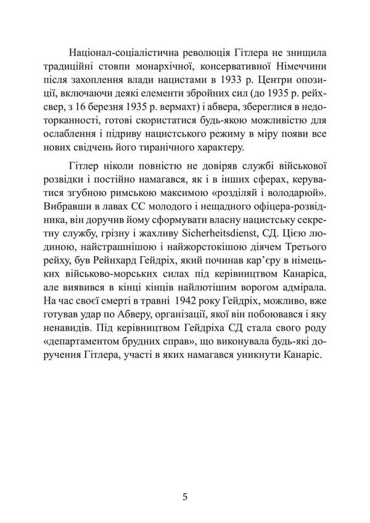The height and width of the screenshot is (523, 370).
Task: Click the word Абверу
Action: click(136, 329)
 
